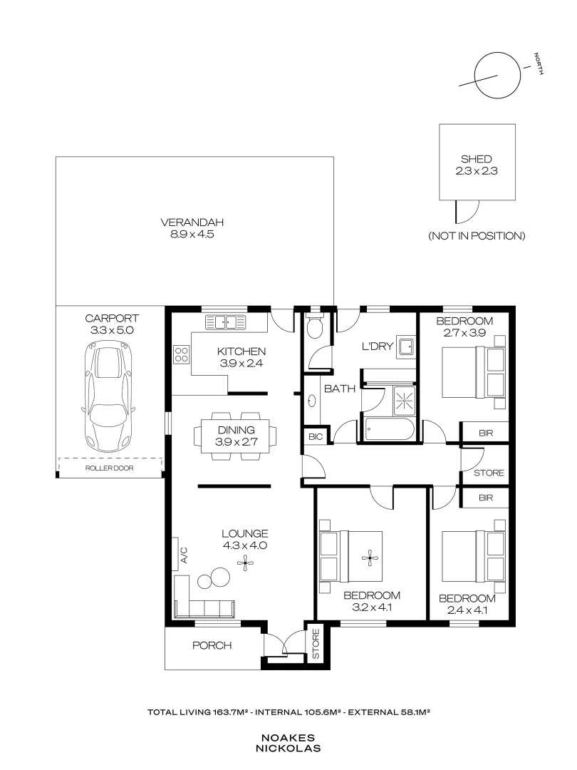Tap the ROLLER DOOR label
click(109, 468)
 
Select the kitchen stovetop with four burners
click(181, 354)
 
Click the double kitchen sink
click(224, 322)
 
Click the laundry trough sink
click(406, 347)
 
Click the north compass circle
click(494, 76)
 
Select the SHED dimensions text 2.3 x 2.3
click(477, 171)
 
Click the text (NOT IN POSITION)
click(477, 235)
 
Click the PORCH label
click(212, 646)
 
